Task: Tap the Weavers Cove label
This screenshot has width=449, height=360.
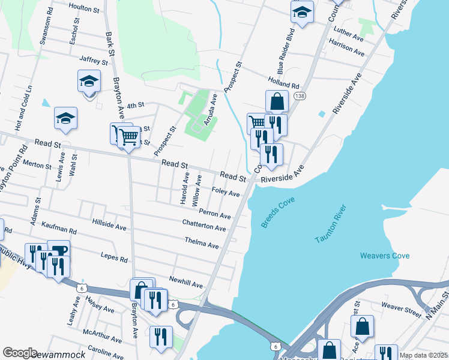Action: point(385,256)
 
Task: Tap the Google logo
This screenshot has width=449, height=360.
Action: point(20,353)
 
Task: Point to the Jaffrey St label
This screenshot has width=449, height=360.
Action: point(93,60)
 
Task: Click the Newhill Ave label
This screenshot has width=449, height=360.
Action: point(186,282)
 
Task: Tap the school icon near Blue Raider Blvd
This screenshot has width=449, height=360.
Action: point(303,12)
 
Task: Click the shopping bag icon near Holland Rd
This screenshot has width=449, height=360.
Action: point(277,101)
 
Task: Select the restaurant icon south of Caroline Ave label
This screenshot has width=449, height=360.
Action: point(161,337)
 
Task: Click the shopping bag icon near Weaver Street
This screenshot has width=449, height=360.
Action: point(362,327)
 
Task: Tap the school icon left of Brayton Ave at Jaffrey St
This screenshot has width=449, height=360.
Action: point(89,80)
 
